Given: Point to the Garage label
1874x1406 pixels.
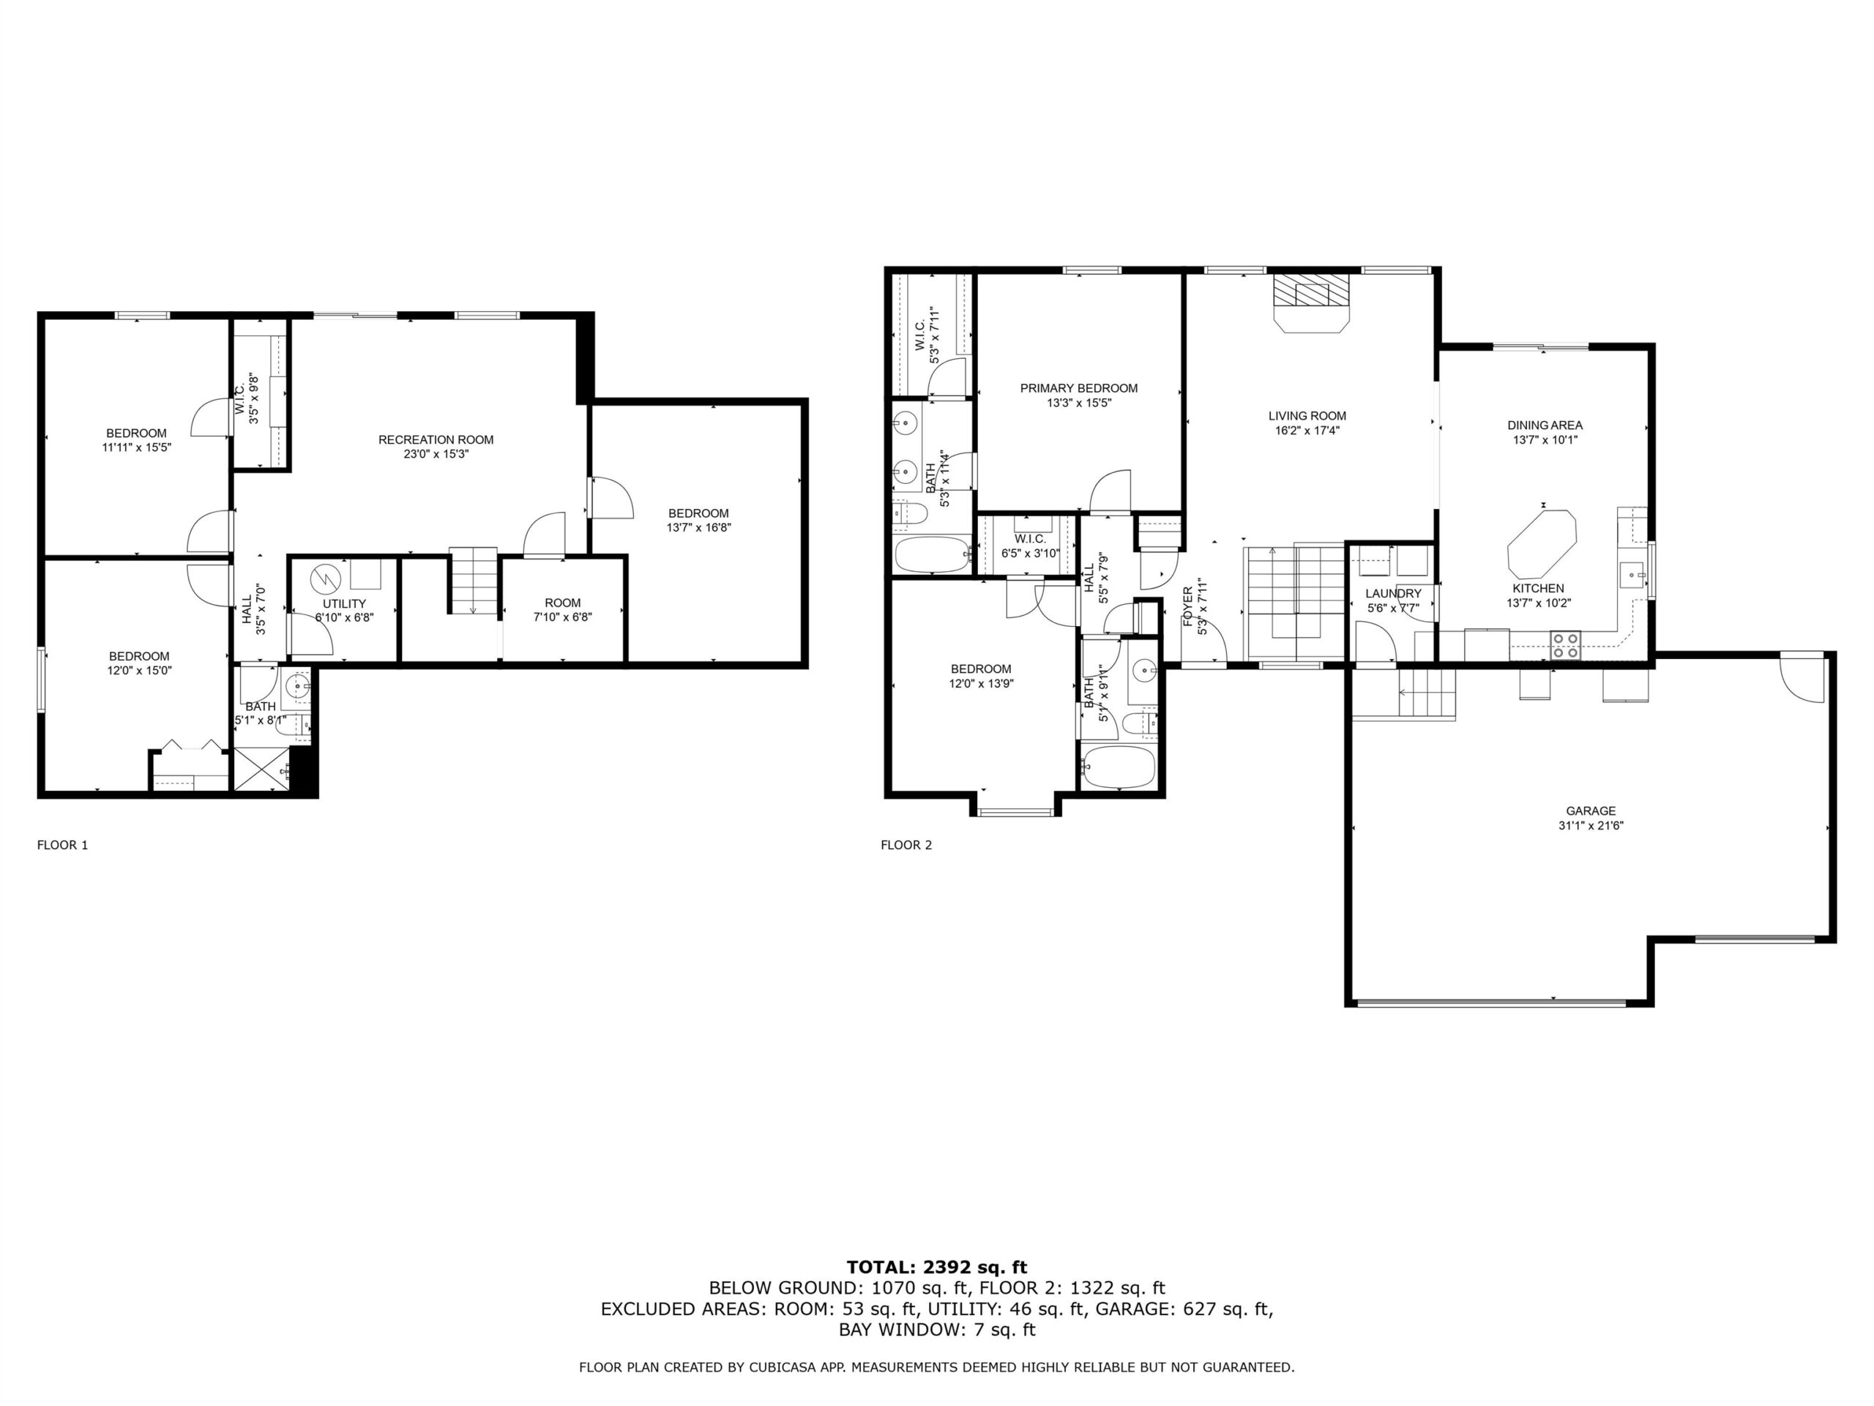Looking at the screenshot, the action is click(x=1590, y=811).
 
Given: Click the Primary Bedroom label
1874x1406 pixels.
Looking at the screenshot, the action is click(x=1078, y=388).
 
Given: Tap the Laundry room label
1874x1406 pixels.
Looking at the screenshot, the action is click(x=1393, y=594).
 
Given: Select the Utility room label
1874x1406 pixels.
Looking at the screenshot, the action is click(x=344, y=604).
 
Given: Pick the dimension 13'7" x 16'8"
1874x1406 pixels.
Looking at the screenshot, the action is click(x=698, y=527).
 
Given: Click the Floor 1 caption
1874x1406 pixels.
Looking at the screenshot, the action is click(x=63, y=845).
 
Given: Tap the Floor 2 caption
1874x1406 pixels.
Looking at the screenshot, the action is click(x=906, y=845).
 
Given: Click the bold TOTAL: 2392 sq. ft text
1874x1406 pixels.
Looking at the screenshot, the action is click(x=937, y=1267).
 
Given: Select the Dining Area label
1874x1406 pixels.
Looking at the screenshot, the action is click(x=1545, y=425).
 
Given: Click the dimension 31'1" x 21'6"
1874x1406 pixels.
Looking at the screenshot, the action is click(x=1590, y=825).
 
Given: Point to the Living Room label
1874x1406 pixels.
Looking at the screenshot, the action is click(x=1307, y=416).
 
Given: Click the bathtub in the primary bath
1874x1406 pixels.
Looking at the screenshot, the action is click(x=932, y=554).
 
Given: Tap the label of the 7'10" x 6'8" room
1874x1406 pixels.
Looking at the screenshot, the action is click(x=562, y=603).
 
